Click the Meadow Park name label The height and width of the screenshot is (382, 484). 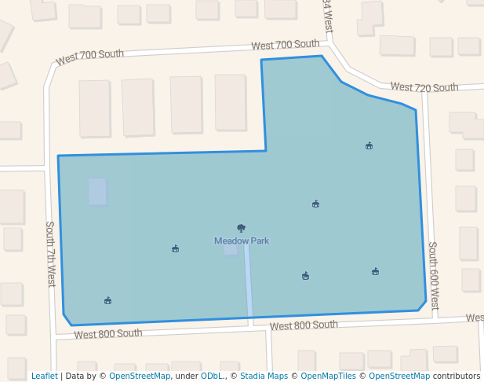pos(242,241)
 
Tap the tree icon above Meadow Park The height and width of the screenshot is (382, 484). pos(242,228)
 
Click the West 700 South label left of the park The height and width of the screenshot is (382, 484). pos(90,57)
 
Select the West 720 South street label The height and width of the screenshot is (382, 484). pos(424,87)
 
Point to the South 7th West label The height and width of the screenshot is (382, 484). pos(50,253)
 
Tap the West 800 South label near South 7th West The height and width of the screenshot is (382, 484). pos(108,334)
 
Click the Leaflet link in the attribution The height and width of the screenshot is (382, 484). pos(44,376)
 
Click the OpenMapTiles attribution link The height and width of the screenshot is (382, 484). pos(329,376)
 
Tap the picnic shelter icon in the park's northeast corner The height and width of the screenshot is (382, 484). pos(369,145)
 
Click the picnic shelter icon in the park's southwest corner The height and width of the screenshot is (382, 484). pos(107,300)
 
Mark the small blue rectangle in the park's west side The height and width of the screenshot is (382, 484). pos(97,192)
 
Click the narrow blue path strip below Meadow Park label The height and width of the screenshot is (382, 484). pos(249,279)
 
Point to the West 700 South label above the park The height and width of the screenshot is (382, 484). pos(286,46)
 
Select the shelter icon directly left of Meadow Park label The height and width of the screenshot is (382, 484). pos(175,249)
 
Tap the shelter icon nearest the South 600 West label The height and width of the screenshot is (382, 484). pos(376,272)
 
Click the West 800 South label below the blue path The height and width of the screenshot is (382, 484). pos(304,325)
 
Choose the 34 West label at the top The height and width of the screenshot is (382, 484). pos(327,16)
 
